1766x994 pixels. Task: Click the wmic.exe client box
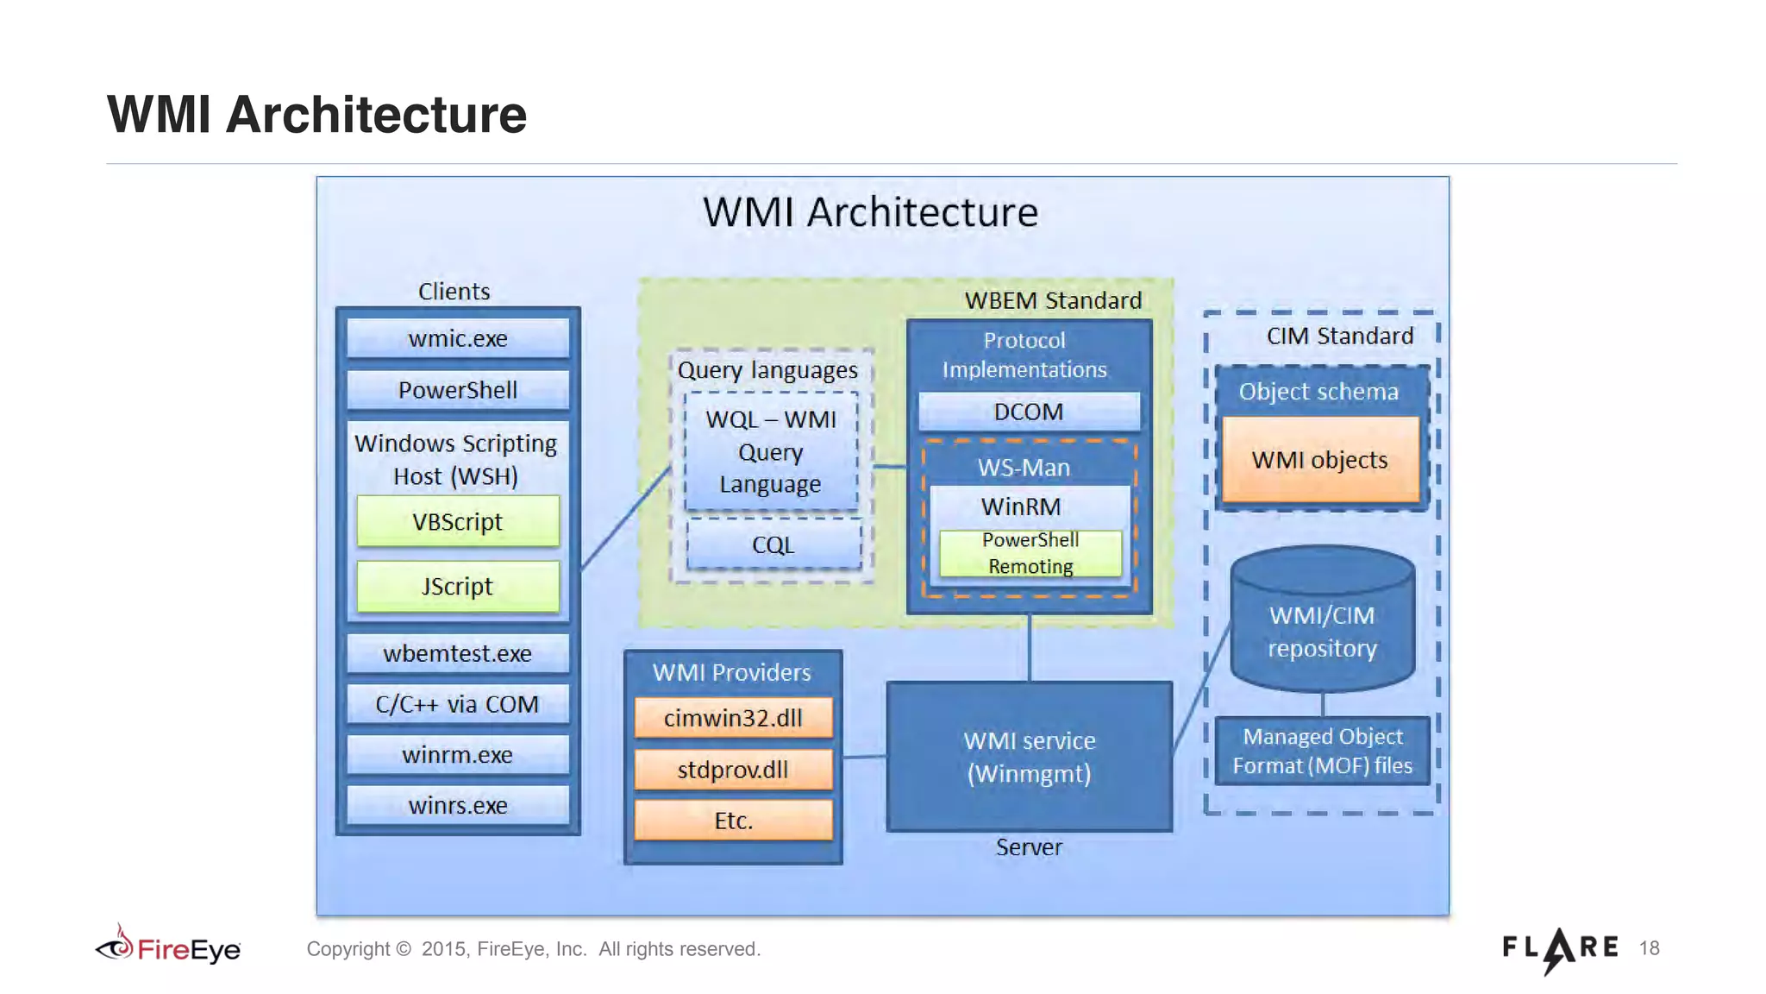pyautogui.click(x=457, y=338)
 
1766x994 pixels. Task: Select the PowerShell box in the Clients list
pyautogui.click(x=457, y=390)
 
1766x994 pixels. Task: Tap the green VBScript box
pyautogui.click(x=457, y=521)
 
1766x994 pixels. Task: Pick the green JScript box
pyautogui.click(x=457, y=587)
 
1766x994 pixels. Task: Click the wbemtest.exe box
pyautogui.click(x=457, y=653)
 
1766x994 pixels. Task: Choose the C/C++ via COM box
pyautogui.click(x=457, y=704)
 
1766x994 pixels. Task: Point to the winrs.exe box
pyautogui.click(x=457, y=805)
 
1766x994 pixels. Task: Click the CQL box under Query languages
pyautogui.click(x=773, y=544)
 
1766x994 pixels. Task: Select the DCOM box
pyautogui.click(x=1028, y=412)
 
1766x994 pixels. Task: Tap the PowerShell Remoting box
pyautogui.click(x=1030, y=553)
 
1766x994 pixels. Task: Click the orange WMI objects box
pyautogui.click(x=1319, y=460)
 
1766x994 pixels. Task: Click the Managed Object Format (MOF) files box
pyautogui.click(x=1322, y=751)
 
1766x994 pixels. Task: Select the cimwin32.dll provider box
pyautogui.click(x=733, y=718)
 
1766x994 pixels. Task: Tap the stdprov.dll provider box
pyautogui.click(x=733, y=769)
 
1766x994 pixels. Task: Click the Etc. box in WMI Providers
pyautogui.click(x=733, y=820)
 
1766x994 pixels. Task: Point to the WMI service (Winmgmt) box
pyautogui.click(x=1029, y=757)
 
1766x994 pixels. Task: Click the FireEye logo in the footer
pyautogui.click(x=168, y=948)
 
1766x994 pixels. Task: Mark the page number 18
pyautogui.click(x=1649, y=948)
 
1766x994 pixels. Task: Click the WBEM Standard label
pyautogui.click(x=1052, y=300)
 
